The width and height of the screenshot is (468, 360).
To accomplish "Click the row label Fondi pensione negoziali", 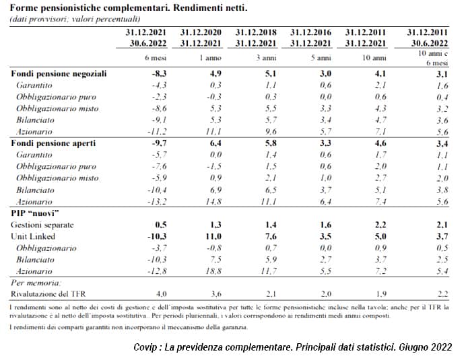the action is [59, 73].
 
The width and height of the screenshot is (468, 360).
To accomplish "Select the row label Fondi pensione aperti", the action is [53, 143].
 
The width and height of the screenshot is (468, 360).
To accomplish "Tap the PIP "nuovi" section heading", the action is [35, 213].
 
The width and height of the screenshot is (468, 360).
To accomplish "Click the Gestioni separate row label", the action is [42, 225].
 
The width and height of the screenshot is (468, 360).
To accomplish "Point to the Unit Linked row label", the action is [33, 236].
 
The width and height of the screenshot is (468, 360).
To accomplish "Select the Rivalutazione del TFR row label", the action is [48, 294].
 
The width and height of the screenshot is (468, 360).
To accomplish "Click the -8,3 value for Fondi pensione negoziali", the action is [159, 73].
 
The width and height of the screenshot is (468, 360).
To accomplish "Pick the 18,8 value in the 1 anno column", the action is [213, 271].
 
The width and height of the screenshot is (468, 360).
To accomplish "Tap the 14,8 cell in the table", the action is [213, 202].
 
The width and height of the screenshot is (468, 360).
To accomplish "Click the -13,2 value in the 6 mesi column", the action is [158, 202].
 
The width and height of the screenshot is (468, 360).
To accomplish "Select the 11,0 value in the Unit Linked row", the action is [213, 236].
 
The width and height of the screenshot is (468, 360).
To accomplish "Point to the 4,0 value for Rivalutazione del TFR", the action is [161, 294].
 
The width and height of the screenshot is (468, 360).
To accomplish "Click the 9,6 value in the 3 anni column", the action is [271, 131].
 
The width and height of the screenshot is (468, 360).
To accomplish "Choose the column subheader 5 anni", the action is [321, 58].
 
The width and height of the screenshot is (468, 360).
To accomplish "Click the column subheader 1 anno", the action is [210, 58].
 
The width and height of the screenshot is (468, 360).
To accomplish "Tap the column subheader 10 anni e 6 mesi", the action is [433, 58].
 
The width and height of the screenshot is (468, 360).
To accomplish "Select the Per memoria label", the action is [36, 283].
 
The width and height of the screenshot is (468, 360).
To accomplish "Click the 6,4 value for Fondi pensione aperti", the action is [215, 143].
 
